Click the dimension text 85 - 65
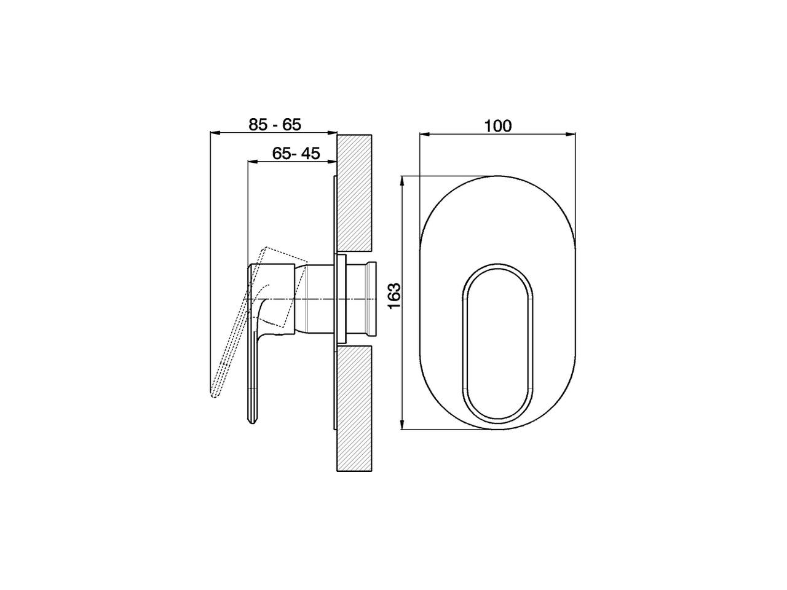coord(275,124)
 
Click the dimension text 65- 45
coord(296,154)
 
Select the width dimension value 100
coord(497,126)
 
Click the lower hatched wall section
coord(355,408)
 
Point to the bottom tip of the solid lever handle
coord(251,423)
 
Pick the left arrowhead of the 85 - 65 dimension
coord(215,132)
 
